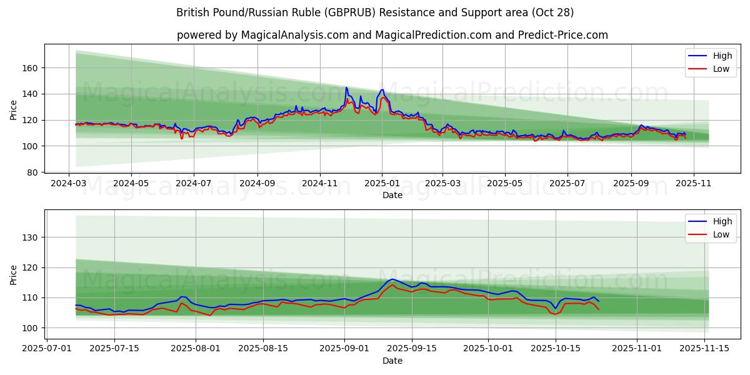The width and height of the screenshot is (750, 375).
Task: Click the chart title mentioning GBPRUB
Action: click(x=375, y=12)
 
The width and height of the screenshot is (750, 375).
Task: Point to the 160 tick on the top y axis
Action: click(x=31, y=67)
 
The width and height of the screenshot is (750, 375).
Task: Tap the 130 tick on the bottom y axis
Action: click(x=31, y=237)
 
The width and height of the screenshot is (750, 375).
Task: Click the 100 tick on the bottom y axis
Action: click(x=31, y=327)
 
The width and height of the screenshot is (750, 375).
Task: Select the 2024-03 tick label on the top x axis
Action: click(x=69, y=184)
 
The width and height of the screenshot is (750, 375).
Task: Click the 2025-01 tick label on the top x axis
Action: click(x=381, y=184)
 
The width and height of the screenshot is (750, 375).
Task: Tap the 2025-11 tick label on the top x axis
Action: click(x=693, y=184)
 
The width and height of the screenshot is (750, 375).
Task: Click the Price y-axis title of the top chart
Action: click(x=14, y=110)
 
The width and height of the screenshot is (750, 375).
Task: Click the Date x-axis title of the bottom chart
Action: click(x=392, y=361)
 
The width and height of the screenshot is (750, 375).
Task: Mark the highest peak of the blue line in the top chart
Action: click(x=346, y=87)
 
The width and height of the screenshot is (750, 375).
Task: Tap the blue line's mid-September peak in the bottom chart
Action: click(x=392, y=279)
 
